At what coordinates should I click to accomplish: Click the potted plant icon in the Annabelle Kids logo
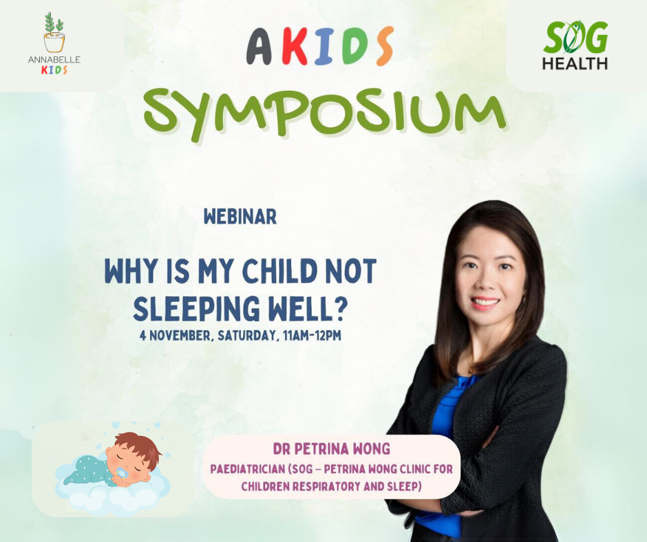[x=54, y=32]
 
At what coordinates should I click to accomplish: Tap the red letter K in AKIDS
[x=294, y=47]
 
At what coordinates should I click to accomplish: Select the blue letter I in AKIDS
[x=325, y=47]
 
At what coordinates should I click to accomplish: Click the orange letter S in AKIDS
[x=384, y=46]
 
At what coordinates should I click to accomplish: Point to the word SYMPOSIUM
[x=325, y=114]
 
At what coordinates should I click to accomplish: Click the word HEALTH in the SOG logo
[x=575, y=63]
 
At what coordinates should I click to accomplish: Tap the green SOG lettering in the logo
[x=575, y=38]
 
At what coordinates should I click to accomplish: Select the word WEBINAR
[x=240, y=217]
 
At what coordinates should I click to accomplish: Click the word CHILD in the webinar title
[x=279, y=272]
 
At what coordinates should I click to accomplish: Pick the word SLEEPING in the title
[x=196, y=309]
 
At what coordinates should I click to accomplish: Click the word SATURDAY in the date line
[x=246, y=336]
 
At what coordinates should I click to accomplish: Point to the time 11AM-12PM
[x=312, y=336]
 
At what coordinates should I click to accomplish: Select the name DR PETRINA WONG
[x=331, y=448]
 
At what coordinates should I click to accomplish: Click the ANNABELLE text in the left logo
[x=54, y=60]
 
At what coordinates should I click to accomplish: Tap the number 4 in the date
[x=142, y=336]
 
